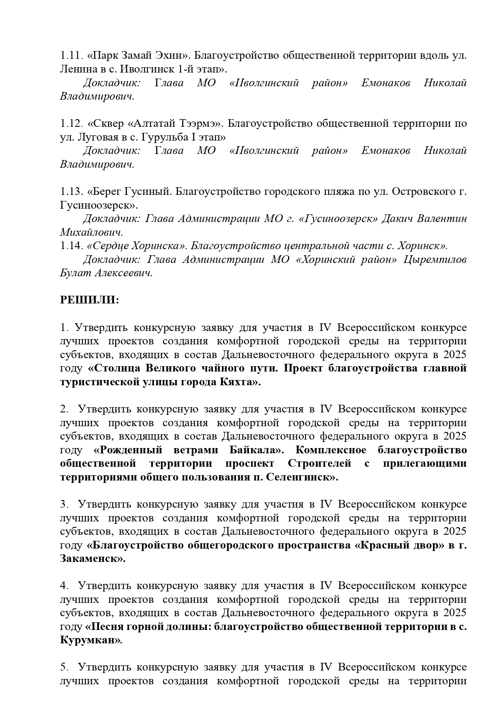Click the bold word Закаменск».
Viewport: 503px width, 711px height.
tap(93, 559)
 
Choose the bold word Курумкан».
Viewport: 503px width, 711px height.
tap(91, 641)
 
